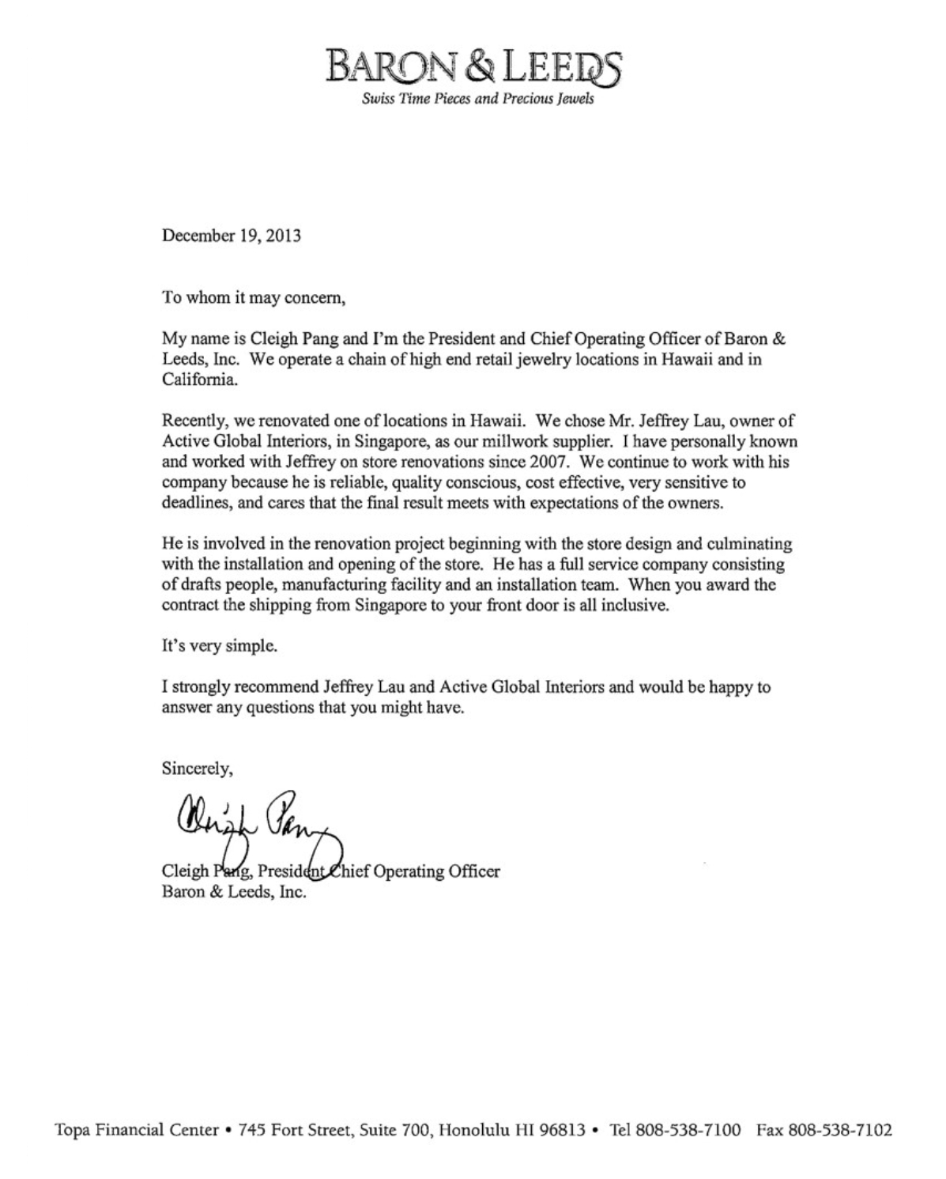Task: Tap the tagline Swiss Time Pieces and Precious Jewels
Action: (477, 100)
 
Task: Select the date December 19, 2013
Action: (232, 236)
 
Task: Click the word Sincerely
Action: (197, 767)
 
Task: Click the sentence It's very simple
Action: (220, 645)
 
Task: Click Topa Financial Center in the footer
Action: (135, 1129)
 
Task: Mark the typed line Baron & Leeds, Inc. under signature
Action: (233, 893)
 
